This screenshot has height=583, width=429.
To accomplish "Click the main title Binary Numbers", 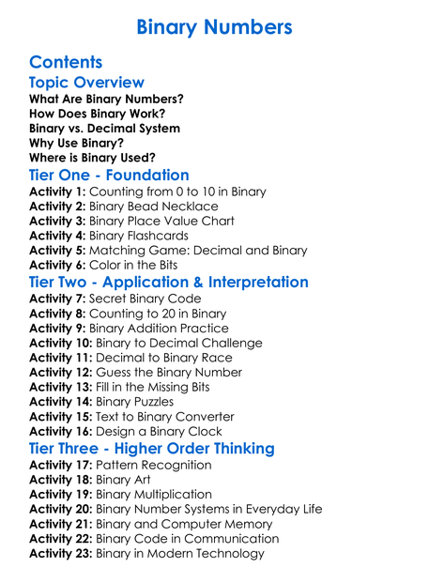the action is pos(214,26).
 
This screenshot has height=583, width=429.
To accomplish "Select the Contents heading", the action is pos(66,63).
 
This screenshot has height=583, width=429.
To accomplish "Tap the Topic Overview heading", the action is pos(86,84).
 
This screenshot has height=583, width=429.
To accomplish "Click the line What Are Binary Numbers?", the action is pos(106,99).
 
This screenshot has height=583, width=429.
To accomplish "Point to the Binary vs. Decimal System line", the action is pos(105,128).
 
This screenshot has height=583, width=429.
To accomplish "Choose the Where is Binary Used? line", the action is pos(92,157).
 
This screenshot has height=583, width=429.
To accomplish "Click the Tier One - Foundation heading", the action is pos(109,176).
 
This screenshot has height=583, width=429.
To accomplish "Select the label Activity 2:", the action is pos(57,207).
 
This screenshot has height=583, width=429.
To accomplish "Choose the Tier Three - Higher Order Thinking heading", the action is pos(152,449).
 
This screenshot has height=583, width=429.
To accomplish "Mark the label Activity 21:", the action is pos(61,524).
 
